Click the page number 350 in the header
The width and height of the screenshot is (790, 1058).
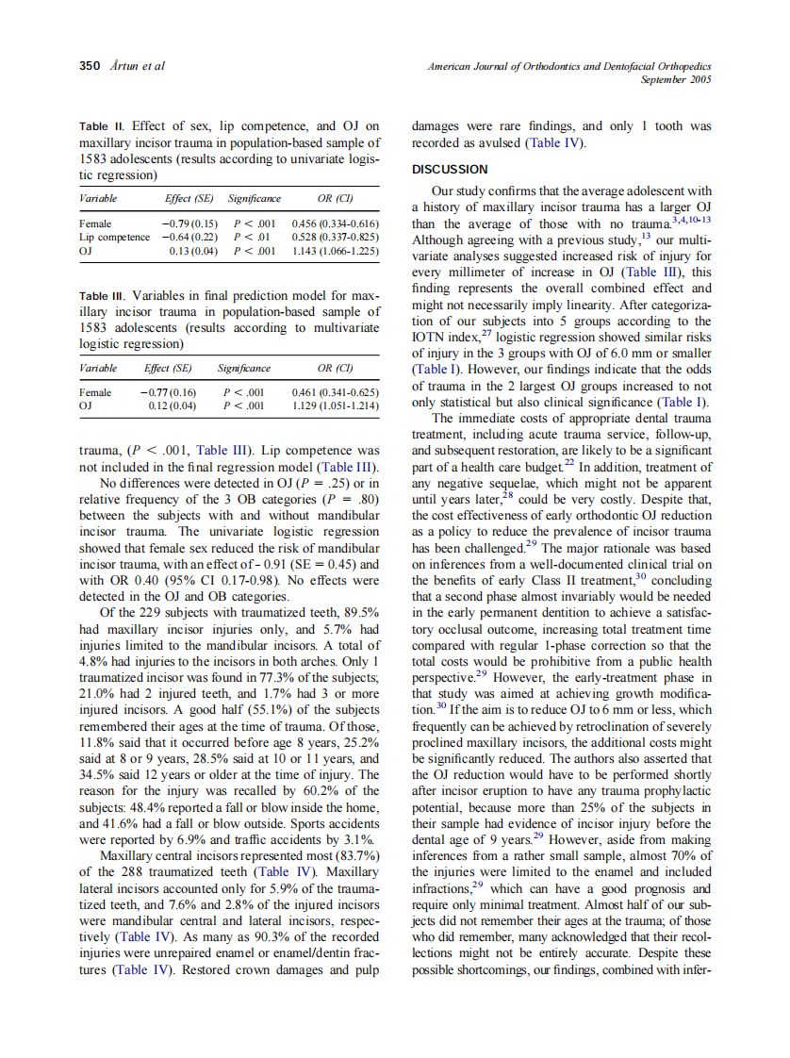tap(90, 66)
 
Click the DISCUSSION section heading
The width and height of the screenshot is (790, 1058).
tap(450, 170)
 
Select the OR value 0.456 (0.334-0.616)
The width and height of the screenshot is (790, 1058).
tap(336, 223)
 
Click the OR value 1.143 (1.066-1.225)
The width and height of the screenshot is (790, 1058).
tap(336, 251)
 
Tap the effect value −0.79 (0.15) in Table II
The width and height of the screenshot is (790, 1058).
tap(185, 223)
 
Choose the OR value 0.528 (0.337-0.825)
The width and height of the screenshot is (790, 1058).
tap(336, 237)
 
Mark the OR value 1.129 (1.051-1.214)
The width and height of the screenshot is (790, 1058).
tap(336, 406)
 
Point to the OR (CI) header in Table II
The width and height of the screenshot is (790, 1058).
tap(335, 200)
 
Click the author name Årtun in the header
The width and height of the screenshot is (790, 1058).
tap(122, 66)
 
